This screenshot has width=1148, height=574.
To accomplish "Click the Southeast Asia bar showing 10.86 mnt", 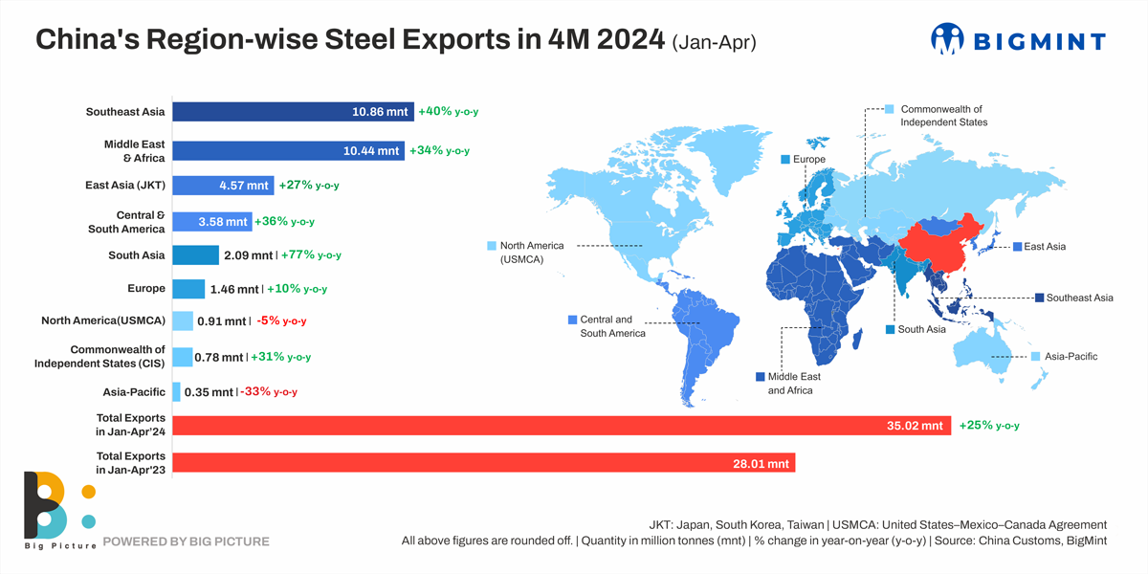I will (x=293, y=112).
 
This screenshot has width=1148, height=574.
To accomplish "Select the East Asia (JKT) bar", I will (x=223, y=186).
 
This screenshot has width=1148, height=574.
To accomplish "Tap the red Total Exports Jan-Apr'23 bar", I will (x=483, y=463).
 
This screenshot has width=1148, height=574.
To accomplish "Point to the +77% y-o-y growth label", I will (x=310, y=255).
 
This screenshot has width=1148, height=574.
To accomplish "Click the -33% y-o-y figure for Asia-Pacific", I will (x=274, y=392).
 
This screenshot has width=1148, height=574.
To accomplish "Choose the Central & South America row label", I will (x=126, y=222).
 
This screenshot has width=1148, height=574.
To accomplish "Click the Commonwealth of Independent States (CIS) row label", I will (x=99, y=356).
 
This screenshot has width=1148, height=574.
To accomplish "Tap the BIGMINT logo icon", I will (x=947, y=39).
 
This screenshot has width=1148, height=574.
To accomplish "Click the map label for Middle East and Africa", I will (x=790, y=384).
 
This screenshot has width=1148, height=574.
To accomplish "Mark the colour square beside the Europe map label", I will (x=785, y=160).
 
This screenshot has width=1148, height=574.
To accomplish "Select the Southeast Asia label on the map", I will (x=1079, y=298).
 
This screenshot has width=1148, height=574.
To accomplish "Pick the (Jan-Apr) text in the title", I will (x=715, y=43).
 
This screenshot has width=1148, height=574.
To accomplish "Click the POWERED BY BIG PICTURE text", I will (x=186, y=541).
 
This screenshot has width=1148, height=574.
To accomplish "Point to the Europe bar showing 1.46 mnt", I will (x=189, y=289).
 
